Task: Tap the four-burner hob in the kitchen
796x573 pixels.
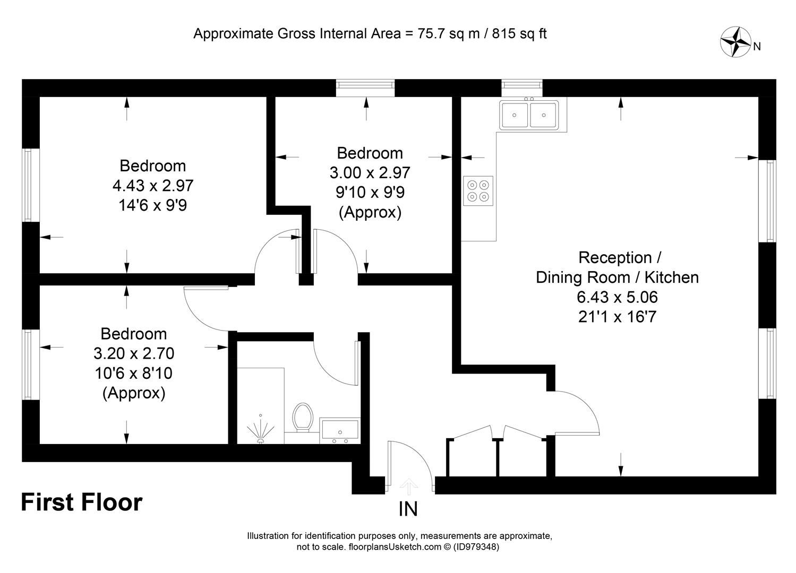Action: coord(478,190)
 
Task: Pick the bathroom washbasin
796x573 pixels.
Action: coord(340,431)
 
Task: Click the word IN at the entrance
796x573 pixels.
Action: coord(408,509)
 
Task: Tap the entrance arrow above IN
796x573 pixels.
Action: coord(409,487)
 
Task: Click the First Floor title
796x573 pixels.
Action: coord(82,502)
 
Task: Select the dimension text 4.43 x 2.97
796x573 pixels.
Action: coord(153,186)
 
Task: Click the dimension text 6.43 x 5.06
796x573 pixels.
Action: coord(617,297)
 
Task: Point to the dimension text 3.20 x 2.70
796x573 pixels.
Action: coord(134,353)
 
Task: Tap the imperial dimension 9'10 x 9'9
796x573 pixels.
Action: coord(370,192)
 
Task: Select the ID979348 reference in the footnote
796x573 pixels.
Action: coord(476,546)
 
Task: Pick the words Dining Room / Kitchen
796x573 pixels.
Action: coord(617,277)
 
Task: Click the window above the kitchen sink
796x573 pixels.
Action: coord(522,88)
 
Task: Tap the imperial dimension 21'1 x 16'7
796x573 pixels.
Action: coord(617,317)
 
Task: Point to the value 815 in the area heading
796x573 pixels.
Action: coord(504,34)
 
